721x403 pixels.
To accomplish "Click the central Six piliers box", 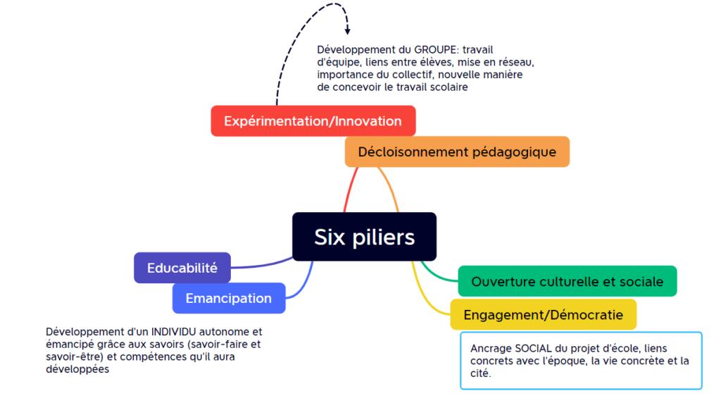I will point(364,237).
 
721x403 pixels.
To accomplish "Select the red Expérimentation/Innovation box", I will point(313,120).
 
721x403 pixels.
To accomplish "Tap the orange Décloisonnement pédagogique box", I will point(457,151).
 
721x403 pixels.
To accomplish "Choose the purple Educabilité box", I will point(182,268).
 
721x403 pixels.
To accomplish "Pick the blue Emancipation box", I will point(229,298).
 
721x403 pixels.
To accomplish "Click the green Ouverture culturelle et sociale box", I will point(567,281).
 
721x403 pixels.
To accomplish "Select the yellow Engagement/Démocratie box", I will point(543,314).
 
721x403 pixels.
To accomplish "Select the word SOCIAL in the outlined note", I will point(533,349).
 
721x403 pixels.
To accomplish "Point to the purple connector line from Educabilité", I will point(261,266).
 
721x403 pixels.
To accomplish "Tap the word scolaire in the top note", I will point(448,87).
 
